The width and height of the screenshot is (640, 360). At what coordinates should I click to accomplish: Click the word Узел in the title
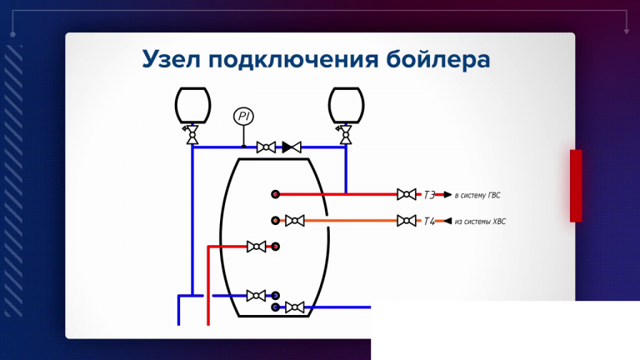[170, 60]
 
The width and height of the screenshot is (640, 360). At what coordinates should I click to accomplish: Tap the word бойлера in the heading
[438, 60]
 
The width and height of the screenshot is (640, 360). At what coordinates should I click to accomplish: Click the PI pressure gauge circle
[243, 117]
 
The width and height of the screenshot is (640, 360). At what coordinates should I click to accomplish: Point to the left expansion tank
[192, 105]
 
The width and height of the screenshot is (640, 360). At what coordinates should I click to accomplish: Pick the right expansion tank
[345, 105]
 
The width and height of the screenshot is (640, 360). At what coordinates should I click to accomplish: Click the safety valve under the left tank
[192, 134]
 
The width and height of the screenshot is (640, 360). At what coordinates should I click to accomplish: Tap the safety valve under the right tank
[345, 134]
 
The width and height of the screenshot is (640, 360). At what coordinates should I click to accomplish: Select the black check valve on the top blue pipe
[291, 147]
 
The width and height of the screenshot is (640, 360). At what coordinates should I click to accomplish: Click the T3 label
[430, 195]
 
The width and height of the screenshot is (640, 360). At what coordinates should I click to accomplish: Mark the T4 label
[430, 222]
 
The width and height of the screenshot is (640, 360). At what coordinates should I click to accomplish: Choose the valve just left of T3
[406, 195]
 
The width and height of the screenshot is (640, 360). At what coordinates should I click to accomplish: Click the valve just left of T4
[406, 222]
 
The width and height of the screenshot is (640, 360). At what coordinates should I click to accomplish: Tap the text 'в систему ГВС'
[477, 196]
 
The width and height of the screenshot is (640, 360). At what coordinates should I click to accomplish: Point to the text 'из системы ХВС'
[480, 222]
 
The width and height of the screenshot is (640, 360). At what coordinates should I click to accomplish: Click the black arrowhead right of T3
[447, 195]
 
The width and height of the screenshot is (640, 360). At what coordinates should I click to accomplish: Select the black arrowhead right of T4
[447, 222]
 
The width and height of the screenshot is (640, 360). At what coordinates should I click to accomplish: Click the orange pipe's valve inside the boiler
[294, 222]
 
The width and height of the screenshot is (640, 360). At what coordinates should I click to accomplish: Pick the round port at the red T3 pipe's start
[275, 195]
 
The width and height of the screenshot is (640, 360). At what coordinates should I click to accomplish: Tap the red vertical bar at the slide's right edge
[576, 186]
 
